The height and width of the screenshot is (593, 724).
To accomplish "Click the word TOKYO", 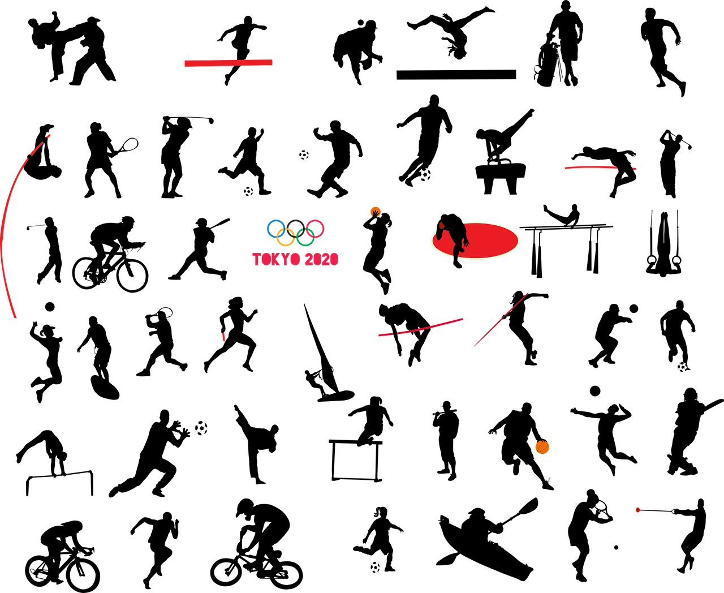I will point(276,259).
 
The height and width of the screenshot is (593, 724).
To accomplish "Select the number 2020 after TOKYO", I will point(321,259).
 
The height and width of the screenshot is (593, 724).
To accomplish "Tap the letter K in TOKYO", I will point(273,259).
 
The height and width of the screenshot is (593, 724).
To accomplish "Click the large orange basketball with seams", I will point(542,448).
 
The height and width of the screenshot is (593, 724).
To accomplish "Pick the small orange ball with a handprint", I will point(375,212).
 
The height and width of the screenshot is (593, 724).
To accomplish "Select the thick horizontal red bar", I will point(228,63).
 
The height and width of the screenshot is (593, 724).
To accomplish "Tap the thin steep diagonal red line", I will point(501,320).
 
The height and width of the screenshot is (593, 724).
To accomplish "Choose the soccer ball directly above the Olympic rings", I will point(304,154).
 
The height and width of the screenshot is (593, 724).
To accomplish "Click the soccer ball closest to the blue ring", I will point(248,191).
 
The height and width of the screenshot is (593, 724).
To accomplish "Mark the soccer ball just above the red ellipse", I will point(425,174).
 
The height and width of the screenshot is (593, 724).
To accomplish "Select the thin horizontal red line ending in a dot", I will point(591,167).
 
